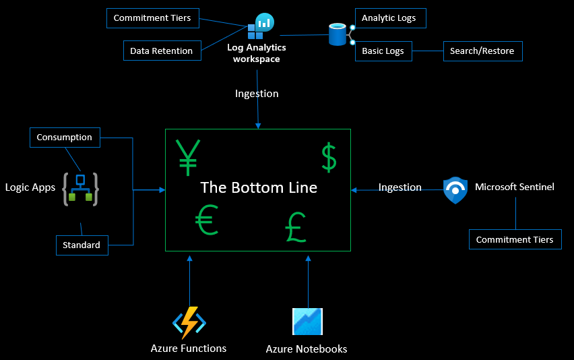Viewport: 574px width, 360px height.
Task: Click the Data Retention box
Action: pyautogui.click(x=161, y=51)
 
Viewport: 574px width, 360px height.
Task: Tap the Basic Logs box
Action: pyautogui.click(x=383, y=51)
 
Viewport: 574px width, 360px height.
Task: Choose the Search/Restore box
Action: pyautogui.click(x=482, y=51)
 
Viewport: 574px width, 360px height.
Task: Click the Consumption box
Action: pyautogui.click(x=65, y=138)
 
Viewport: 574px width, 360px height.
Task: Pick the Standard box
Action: pyautogui.click(x=82, y=245)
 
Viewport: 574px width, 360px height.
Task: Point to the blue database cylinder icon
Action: pyautogui.click(x=338, y=34)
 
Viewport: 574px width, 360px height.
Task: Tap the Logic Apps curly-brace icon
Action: pyautogui.click(x=81, y=188)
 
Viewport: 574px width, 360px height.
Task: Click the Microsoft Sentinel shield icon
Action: pyautogui.click(x=456, y=190)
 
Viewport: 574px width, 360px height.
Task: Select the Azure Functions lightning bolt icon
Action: pyautogui.click(x=189, y=323)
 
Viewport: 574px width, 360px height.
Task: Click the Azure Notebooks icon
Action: pyautogui.click(x=307, y=322)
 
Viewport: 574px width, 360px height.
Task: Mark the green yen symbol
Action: pyautogui.click(x=187, y=156)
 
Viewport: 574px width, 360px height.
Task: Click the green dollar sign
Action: pyautogui.click(x=329, y=158)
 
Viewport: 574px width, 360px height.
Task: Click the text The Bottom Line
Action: pyautogui.click(x=259, y=187)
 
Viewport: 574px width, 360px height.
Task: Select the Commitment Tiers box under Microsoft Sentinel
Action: pyautogui.click(x=515, y=239)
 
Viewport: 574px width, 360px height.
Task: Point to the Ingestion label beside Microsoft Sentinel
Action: pyautogui.click(x=400, y=187)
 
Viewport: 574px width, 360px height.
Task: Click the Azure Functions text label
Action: pyautogui.click(x=189, y=349)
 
